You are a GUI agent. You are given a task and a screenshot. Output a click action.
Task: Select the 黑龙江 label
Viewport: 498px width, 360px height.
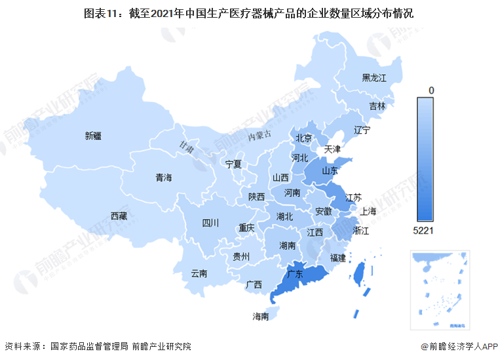tap(375, 78)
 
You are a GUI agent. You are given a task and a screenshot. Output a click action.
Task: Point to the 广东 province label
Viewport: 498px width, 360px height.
tap(295, 275)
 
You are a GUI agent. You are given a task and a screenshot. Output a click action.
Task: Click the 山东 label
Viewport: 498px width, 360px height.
tap(329, 170)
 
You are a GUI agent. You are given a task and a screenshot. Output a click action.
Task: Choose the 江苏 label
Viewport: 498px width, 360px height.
tap(353, 197)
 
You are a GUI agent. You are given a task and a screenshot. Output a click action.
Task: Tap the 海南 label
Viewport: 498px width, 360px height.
tap(261, 316)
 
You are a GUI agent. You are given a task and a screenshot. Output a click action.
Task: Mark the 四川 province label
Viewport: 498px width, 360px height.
tap(210, 223)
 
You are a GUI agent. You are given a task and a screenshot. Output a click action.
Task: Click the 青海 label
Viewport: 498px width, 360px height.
tap(163, 178)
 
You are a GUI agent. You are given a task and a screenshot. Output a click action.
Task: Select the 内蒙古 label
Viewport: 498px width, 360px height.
tap(259, 136)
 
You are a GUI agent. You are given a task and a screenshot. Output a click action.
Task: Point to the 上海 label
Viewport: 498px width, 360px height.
tap(368, 211)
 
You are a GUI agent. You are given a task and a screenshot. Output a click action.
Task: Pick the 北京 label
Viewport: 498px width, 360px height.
tap(303, 138)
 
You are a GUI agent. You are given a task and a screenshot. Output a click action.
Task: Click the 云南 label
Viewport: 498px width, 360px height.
tap(199, 273)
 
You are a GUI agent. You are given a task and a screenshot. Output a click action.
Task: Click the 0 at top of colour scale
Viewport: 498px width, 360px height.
tap(431, 90)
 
